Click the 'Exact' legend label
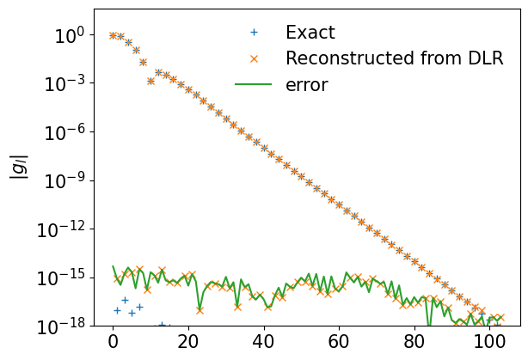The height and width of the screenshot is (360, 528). pyautogui.click(x=310, y=33)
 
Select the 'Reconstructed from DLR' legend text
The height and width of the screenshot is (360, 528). pyautogui.click(x=384, y=58)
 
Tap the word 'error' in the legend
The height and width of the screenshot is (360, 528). pyautogui.click(x=307, y=84)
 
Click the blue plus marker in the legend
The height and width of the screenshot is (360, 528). pyautogui.click(x=254, y=33)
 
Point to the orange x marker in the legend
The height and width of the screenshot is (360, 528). pyautogui.click(x=254, y=58)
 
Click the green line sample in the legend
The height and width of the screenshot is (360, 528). pyautogui.click(x=254, y=84)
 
